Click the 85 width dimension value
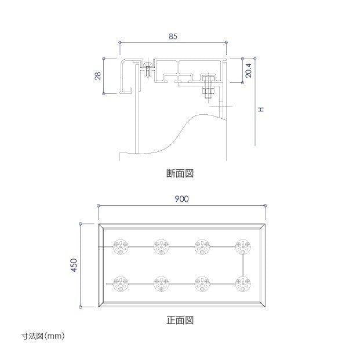[173, 37]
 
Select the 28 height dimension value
[98, 76]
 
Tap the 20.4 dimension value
[249, 71]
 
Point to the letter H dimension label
[261, 109]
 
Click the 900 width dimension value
[181, 199]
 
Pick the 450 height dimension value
[74, 265]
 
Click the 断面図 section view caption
[180, 173]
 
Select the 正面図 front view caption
[180, 320]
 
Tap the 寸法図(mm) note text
[43, 336]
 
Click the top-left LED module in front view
[121, 247]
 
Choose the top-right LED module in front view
[243, 247]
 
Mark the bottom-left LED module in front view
[121, 284]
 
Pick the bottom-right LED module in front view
[243, 284]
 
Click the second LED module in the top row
[161, 247]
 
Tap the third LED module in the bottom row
[202, 284]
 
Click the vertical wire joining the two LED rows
[243, 266]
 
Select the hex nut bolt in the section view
[208, 87]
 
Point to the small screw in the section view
[148, 68]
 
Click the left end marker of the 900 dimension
[99, 205]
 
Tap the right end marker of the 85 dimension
[227, 42]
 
